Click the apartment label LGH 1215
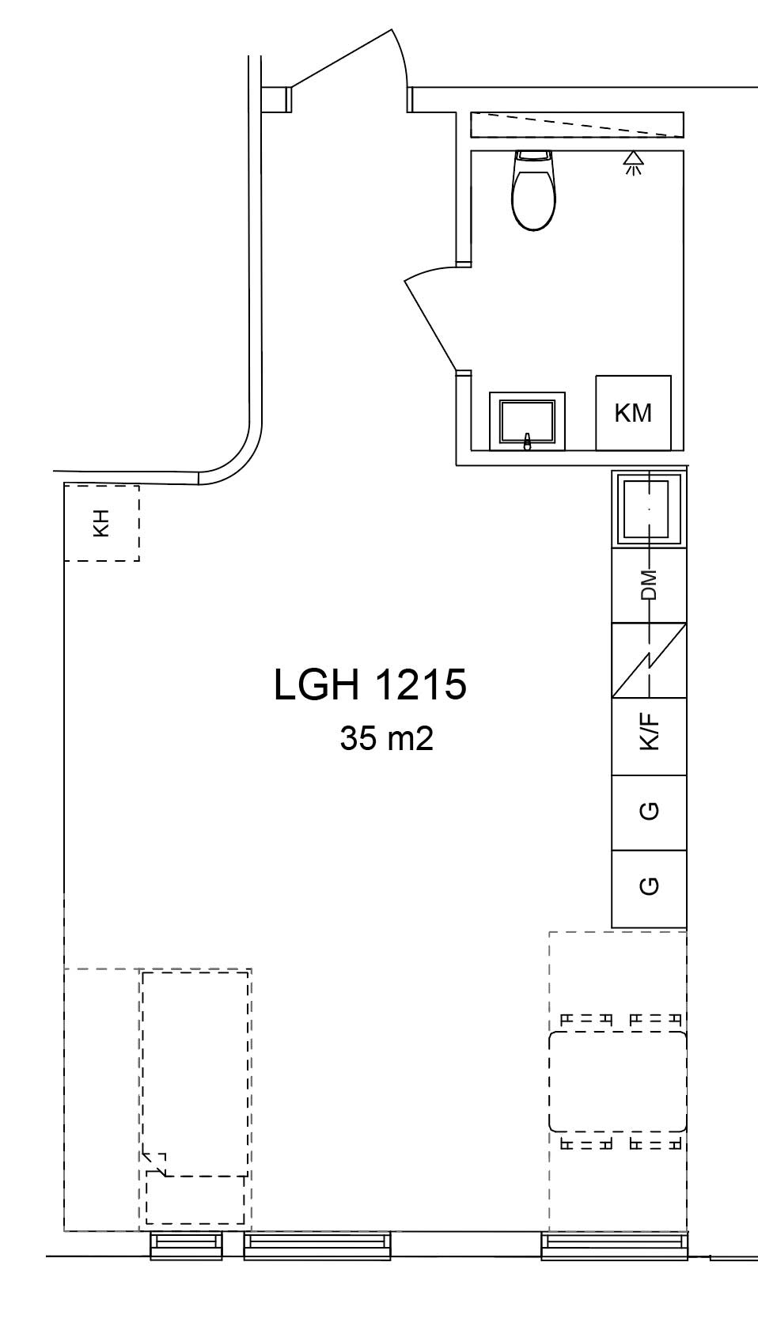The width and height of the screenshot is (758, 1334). pos(370,685)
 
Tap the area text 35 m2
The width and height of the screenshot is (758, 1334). pos(386,739)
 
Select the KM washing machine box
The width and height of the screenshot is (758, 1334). pos(633,412)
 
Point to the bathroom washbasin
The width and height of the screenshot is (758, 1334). pos(527,420)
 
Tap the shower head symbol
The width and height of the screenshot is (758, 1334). pos(632,163)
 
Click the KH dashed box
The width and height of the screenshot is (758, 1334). pos(101,523)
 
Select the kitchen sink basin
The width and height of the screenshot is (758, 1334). pos(649,508)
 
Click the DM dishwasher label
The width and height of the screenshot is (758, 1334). pos(649,585)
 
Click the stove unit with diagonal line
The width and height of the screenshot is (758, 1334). pos(649,661)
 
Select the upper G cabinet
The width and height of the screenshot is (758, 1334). pos(649,812)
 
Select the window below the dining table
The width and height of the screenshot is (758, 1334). pos(614,1245)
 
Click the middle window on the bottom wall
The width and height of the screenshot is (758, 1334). pos(317,1245)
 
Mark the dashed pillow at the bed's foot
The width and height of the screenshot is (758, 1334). pos(195,1199)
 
